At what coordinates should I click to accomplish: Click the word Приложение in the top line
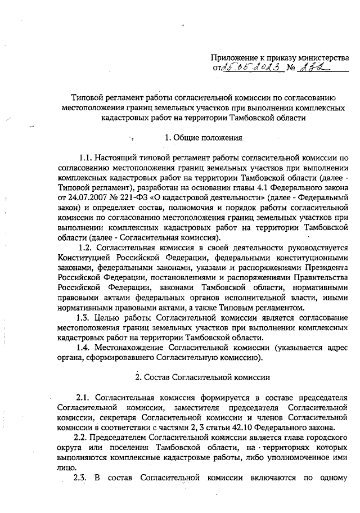233,57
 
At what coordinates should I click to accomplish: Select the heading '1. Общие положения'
203,138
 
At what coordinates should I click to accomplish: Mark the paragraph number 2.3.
83,479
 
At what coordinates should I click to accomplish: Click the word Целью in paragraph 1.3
114,318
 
